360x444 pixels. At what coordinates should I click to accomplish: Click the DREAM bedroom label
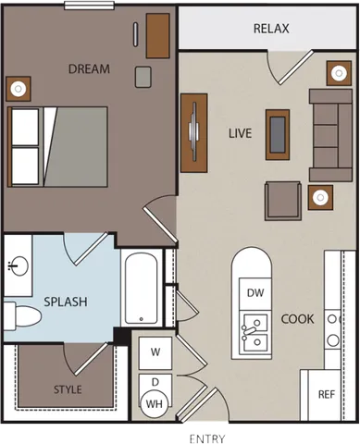point(89,68)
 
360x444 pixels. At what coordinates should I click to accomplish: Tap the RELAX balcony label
point(271,29)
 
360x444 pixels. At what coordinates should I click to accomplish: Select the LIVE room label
point(240,133)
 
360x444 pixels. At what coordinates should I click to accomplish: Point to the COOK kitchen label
point(297,319)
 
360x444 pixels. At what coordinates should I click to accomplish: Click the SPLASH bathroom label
point(65,302)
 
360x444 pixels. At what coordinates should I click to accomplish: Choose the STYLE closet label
point(68,389)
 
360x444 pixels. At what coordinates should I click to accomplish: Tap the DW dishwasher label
point(255,292)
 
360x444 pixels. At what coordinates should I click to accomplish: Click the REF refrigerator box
point(326,393)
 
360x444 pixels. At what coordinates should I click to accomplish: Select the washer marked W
point(155,351)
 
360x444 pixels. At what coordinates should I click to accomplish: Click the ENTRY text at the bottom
point(207,437)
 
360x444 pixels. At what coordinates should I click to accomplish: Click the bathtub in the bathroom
point(142,287)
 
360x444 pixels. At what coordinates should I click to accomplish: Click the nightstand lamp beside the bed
point(19,89)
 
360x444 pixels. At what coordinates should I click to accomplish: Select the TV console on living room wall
point(193,132)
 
